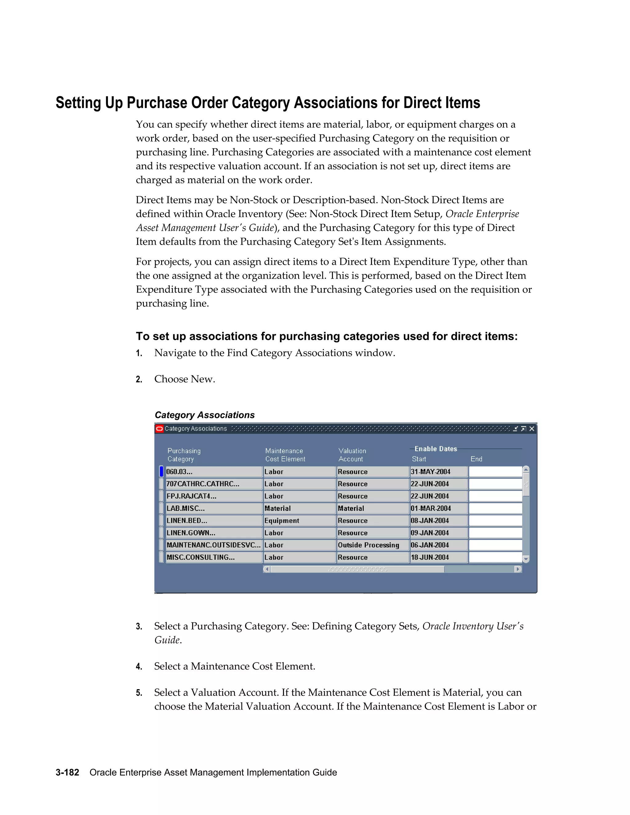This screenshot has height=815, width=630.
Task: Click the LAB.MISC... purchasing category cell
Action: [213, 508]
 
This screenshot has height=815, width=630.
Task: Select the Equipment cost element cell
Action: [299, 521]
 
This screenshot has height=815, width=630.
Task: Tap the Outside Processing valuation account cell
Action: [372, 545]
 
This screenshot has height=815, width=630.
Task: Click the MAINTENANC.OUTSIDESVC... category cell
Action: [213, 545]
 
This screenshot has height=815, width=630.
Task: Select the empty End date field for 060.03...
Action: [495, 472]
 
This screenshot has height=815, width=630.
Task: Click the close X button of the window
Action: [532, 429]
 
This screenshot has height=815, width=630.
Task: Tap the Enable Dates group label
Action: [436, 449]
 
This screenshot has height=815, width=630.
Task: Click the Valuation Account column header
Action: [352, 455]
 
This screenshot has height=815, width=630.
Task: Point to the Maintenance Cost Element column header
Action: [285, 455]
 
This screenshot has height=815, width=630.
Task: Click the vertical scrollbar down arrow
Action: [526, 559]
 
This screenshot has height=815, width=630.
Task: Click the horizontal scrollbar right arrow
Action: [518, 569]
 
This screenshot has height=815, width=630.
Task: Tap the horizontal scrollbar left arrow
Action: [266, 569]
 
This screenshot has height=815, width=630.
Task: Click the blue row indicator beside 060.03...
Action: [161, 472]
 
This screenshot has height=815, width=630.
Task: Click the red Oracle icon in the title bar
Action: [159, 429]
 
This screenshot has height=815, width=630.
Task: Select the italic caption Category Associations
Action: [205, 415]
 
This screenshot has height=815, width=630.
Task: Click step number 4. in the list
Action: [139, 666]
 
